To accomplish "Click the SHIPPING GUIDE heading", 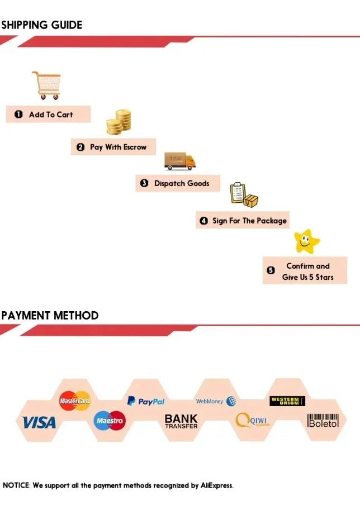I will click(41, 25).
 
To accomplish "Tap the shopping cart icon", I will click(46, 85).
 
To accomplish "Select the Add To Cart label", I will click(50, 115).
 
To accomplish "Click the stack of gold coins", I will click(119, 122).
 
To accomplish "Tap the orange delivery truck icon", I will click(180, 160).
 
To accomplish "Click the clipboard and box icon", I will click(244, 193).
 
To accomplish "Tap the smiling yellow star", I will click(306, 241).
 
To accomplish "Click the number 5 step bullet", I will click(271, 271).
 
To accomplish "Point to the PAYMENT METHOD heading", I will click(50, 315).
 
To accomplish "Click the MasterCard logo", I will click(74, 401).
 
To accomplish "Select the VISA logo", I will click(39, 422).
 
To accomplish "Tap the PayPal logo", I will click(146, 401).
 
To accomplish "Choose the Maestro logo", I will click(110, 420).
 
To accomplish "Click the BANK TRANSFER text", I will click(181, 421).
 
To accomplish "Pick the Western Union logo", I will click(287, 401).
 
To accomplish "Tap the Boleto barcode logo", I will click(324, 421).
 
